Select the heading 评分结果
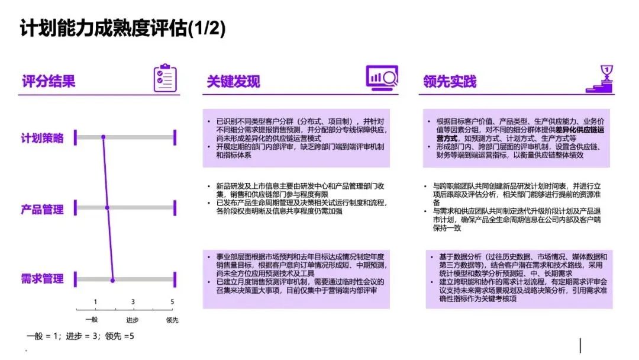tap(49, 81)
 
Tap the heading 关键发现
tap(233, 81)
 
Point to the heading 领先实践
tap(450, 81)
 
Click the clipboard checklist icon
tap(165, 78)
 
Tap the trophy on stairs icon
tap(600, 79)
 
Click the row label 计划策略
tap(43, 139)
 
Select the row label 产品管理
tap(43, 209)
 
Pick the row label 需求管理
tap(43, 279)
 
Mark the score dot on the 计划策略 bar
tap(103, 138)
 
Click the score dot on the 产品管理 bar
tap(107, 208)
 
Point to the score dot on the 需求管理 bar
tap(112, 279)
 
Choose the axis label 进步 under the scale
tap(132, 320)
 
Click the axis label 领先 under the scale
tap(172, 320)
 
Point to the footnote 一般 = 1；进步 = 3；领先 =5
tap(80, 336)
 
